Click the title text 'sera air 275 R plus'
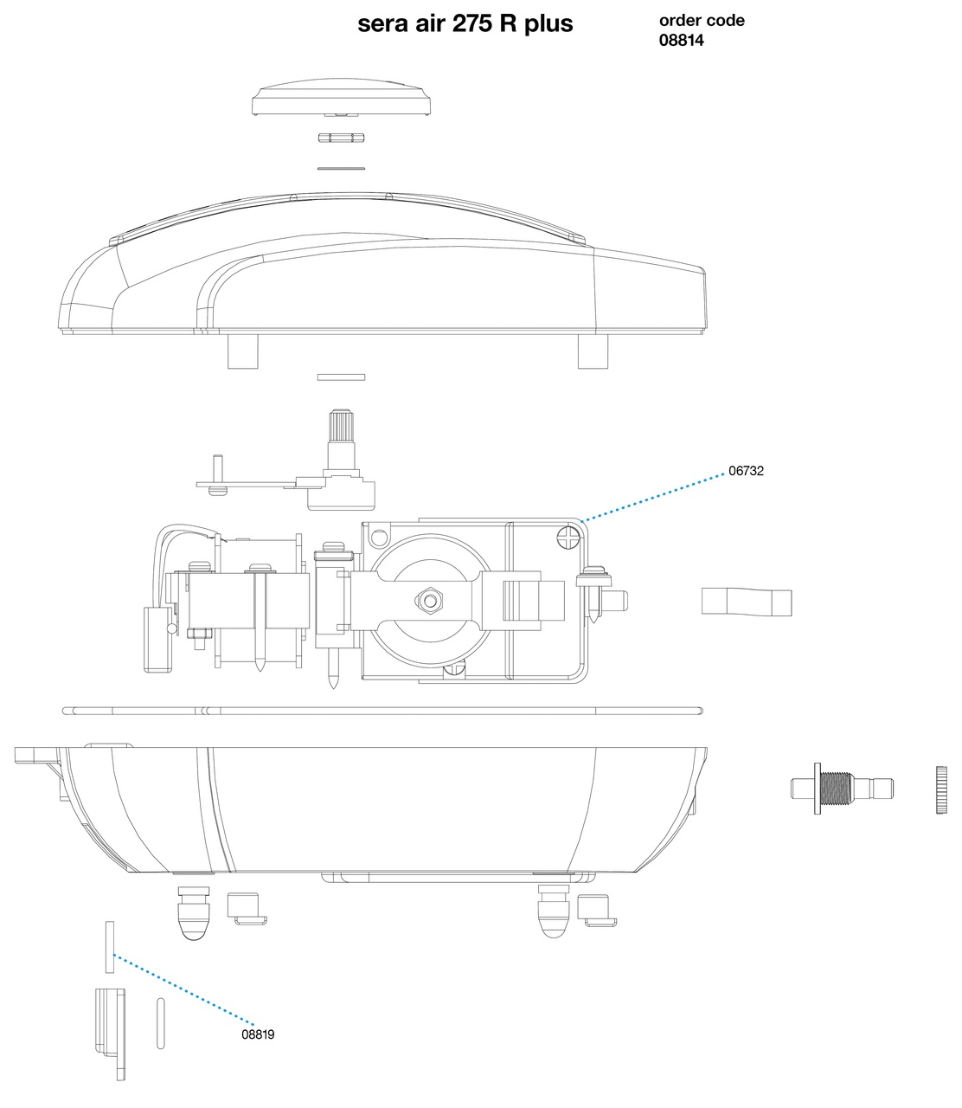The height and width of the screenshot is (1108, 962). [x=465, y=24]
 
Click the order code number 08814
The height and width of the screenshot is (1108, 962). [x=681, y=41]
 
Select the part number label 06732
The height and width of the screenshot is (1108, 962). [x=746, y=471]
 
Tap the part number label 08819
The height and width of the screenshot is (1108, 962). [x=258, y=1034]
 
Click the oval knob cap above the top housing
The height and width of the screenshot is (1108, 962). [x=341, y=98]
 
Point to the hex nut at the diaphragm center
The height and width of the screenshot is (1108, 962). [x=430, y=601]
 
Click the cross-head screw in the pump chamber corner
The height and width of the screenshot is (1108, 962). [x=568, y=538]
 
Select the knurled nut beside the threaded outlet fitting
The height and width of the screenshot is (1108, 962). [x=941, y=789]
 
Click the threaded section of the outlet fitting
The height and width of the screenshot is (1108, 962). [x=836, y=789]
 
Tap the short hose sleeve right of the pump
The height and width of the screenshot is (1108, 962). [x=746, y=601]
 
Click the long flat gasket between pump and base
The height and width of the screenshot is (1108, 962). [x=382, y=711]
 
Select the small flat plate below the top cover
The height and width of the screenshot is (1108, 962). [x=341, y=377]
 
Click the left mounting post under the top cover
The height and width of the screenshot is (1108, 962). [x=242, y=351]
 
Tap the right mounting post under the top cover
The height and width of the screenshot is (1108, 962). [x=593, y=351]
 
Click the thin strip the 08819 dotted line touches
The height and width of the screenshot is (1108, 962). [x=109, y=947]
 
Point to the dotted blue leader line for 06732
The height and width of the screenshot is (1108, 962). [x=654, y=497]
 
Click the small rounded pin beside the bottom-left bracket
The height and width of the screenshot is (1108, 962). [x=160, y=1024]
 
